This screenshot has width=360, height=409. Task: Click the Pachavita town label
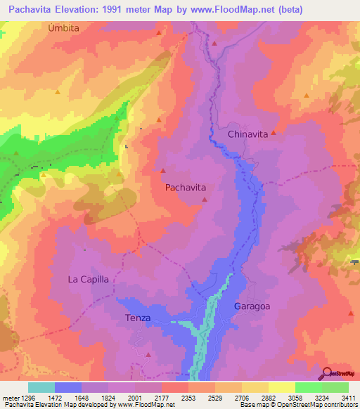(x=186, y=188)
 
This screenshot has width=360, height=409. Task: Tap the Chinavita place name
(x=248, y=134)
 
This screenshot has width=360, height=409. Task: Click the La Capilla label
(x=89, y=279)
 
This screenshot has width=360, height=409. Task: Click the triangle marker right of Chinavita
(x=274, y=133)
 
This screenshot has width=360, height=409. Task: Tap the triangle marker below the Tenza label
(x=148, y=355)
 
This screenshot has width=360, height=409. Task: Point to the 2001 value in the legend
(x=149, y=398)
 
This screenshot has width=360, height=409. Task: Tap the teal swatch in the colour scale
(x=41, y=387)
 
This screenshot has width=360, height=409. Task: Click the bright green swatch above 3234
(x=308, y=387)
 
